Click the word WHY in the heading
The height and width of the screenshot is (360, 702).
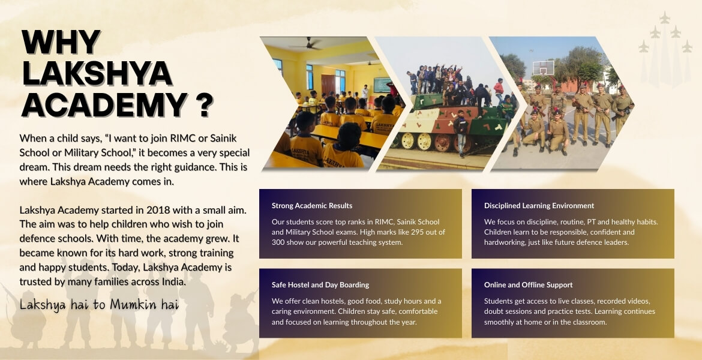pyautogui.click(x=60, y=43)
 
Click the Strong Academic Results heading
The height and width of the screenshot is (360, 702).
pyautogui.click(x=312, y=206)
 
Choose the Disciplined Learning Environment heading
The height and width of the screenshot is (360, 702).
pyautogui.click(x=539, y=206)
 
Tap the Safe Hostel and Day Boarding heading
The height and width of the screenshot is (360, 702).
pyautogui.click(x=320, y=285)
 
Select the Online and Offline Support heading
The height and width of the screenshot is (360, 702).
pyautogui.click(x=528, y=285)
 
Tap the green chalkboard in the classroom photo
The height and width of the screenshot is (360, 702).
pyautogui.click(x=382, y=85)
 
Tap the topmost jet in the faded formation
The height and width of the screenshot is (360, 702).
pyautogui.click(x=665, y=18)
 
